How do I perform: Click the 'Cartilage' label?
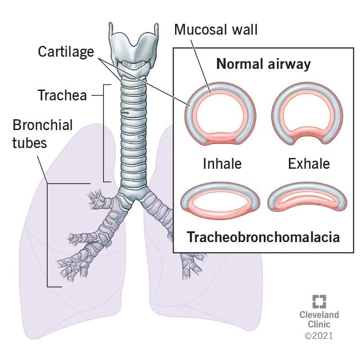pos(66,52)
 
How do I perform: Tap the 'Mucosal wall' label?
pos(216,30)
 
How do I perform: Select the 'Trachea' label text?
pos(62,95)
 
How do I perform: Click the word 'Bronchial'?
pos(42,125)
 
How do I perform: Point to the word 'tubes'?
pos(30,143)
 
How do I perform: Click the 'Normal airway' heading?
pos(263,64)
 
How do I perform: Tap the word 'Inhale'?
pos(222,164)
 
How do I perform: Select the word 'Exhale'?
pos(309,164)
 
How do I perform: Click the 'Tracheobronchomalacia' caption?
pos(263,237)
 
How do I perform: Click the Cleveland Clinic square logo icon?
pos(319,301)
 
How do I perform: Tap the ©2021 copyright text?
pos(319,336)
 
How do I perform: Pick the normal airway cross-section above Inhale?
pos(220,114)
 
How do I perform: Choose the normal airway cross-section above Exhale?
pos(307,114)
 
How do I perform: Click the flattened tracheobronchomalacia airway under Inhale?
pos(220,198)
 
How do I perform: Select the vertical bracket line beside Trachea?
pos(104,133)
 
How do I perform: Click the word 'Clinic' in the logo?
pos(319,324)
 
